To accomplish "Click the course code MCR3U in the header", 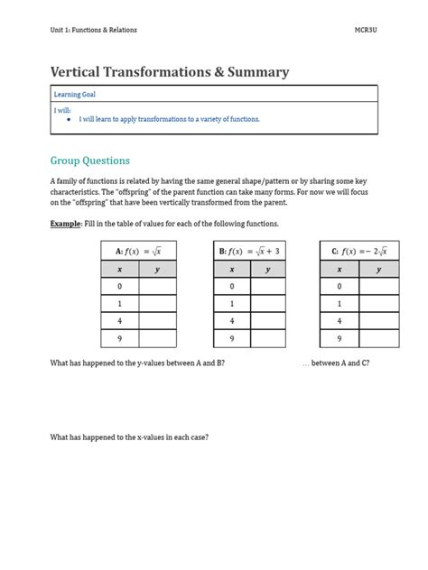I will [364, 32].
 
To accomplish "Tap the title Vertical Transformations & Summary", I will [170, 72].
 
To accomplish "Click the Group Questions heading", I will [90, 161].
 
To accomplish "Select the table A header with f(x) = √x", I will [138, 251].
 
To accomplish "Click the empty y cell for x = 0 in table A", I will [157, 286].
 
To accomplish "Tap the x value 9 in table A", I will [119, 338].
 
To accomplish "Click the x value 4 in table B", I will [231, 321].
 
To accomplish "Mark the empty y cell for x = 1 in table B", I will [268, 304].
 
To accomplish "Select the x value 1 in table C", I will [340, 304].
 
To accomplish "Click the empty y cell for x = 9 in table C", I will [378, 338].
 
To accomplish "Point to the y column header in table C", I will [378, 269].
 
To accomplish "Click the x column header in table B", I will [231, 269].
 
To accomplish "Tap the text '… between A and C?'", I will [335, 363].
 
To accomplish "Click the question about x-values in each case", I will [129, 437].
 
